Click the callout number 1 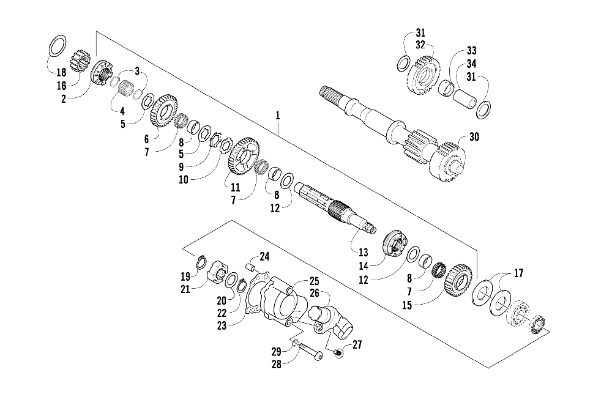[278, 115]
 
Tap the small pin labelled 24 [249, 266]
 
